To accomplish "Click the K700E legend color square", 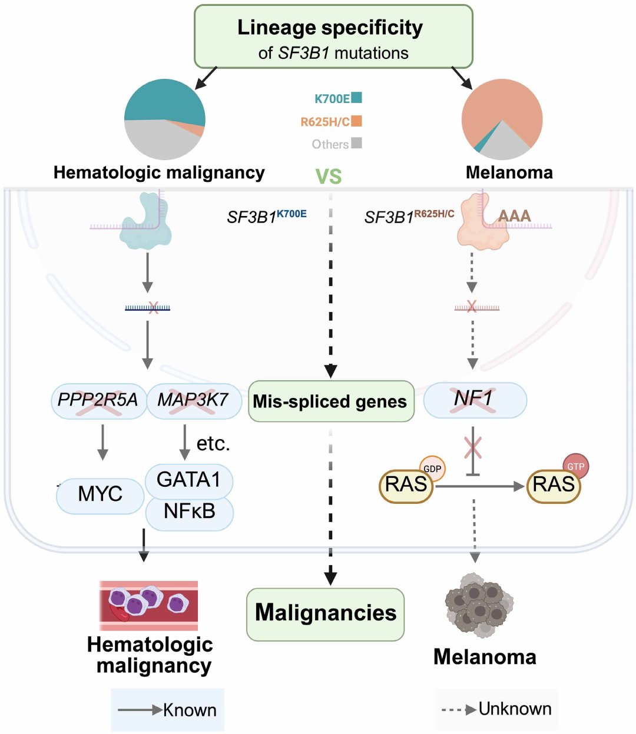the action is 356,97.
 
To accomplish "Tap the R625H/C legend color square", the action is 356,121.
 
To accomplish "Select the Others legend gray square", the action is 356,143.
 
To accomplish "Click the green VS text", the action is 328,176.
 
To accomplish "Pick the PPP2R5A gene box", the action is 99,401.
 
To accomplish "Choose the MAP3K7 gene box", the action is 194,401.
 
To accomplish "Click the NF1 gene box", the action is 475,400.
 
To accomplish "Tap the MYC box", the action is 100,496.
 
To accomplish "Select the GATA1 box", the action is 188,481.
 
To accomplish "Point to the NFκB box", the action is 190,514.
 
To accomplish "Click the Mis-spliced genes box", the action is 331,401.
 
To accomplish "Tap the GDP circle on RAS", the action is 432,469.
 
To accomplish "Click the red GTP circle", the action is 575,466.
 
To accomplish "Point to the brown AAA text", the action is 514,215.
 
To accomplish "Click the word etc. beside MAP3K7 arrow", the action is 213,444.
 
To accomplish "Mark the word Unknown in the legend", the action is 515,709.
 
